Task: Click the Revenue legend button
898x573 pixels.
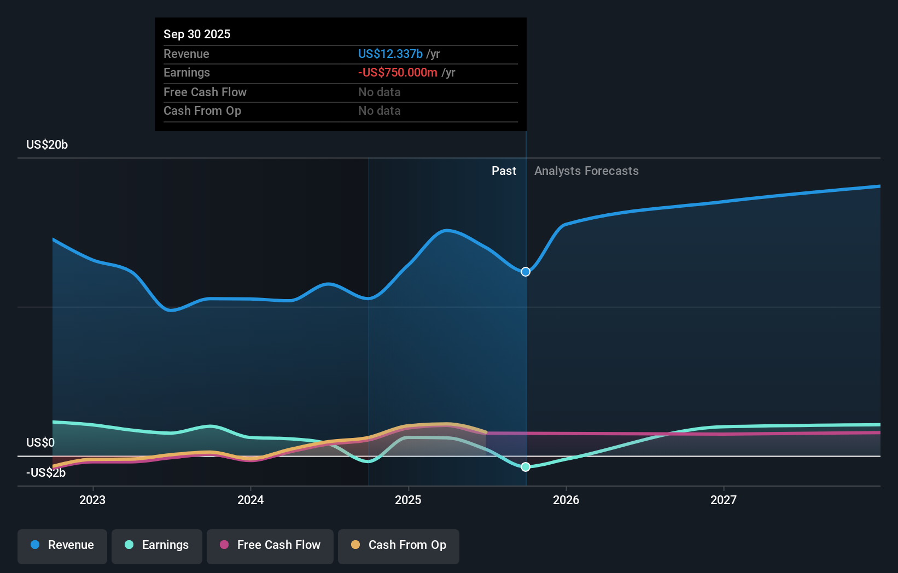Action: tap(62, 546)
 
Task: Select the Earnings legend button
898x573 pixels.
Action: tap(157, 546)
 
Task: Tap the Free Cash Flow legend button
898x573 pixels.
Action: tap(270, 546)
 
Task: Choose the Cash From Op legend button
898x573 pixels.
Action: tap(399, 546)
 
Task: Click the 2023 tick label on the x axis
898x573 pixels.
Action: tap(92, 500)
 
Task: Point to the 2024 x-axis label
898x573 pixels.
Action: tap(250, 500)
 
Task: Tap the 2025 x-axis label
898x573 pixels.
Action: tap(408, 500)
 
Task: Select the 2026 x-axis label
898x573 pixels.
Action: tap(566, 500)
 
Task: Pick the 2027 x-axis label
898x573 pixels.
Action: tap(724, 500)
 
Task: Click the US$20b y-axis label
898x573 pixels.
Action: tap(47, 145)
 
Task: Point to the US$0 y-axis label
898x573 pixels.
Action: tap(40, 442)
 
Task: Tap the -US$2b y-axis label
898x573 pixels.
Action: tap(46, 473)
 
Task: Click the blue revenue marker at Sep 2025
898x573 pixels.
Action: tap(526, 272)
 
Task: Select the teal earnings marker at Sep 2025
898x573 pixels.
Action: tap(526, 467)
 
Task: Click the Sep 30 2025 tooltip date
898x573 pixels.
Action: tap(197, 34)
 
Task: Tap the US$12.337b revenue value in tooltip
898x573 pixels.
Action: tap(390, 54)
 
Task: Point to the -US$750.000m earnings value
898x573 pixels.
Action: tap(398, 73)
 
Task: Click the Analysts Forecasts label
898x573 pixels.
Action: tap(586, 171)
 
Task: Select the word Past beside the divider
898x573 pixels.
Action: tap(504, 171)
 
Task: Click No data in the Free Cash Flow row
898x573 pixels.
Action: tap(380, 92)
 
